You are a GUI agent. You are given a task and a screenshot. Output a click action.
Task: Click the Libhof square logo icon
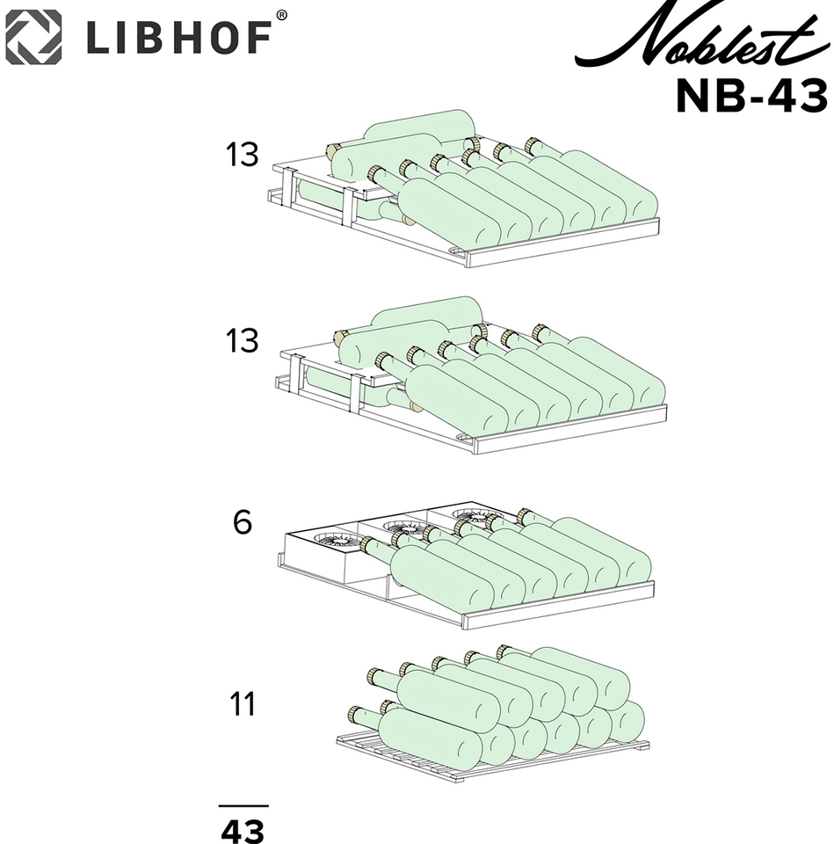(33, 37)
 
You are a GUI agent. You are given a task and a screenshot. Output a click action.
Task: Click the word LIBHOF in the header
(179, 38)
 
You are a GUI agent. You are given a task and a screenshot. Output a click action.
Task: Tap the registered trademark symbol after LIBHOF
(281, 15)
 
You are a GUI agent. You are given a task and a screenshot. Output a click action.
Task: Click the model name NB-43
(751, 96)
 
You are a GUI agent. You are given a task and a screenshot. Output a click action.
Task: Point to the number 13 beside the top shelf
(242, 155)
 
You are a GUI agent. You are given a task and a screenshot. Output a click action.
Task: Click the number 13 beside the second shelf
(242, 341)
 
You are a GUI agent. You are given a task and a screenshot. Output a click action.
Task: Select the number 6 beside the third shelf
(243, 522)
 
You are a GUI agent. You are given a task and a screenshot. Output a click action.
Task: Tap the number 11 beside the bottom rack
(243, 703)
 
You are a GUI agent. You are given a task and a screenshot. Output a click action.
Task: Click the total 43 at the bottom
(243, 831)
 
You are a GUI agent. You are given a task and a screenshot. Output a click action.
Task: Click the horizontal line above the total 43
(243, 806)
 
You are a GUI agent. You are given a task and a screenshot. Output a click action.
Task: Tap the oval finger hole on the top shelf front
(454, 251)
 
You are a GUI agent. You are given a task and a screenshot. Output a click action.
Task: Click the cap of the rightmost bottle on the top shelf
(533, 145)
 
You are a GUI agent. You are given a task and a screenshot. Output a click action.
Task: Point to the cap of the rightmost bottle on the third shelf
(525, 516)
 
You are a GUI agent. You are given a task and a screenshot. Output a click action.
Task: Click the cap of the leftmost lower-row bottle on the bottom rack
(355, 714)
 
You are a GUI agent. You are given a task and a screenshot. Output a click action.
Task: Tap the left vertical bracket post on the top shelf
(286, 190)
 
